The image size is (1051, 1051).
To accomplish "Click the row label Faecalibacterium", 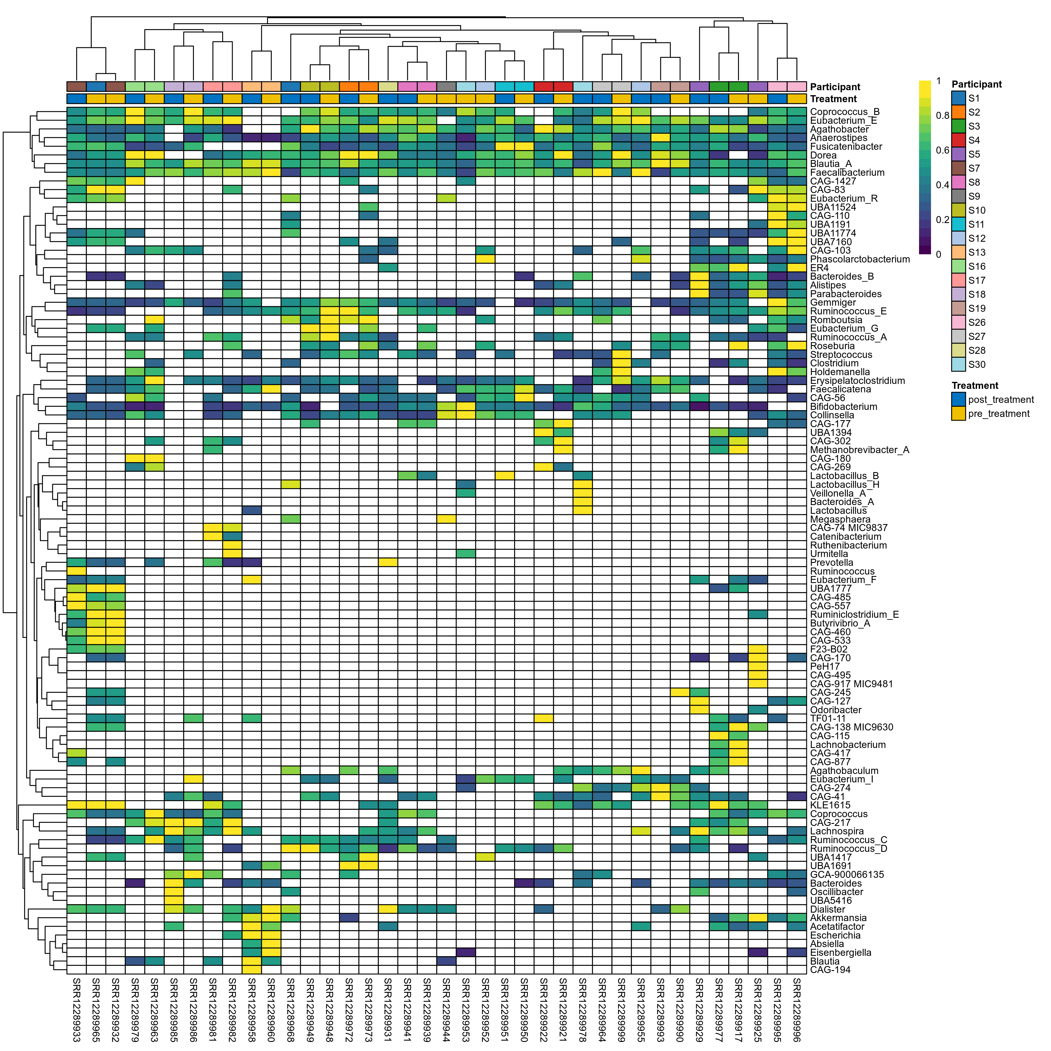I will point(847,173).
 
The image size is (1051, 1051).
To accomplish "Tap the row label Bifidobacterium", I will point(843,407).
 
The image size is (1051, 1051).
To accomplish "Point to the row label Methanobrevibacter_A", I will point(859,450).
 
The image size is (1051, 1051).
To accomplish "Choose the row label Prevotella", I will point(831,563).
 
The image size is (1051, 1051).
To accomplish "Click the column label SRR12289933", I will point(76,1009).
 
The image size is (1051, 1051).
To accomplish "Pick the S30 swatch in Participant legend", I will point(958,364).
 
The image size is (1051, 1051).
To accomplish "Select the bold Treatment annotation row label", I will point(833,99).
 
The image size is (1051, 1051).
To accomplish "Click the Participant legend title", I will point(977,84).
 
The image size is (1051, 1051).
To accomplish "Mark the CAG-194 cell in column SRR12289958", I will point(251,970).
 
